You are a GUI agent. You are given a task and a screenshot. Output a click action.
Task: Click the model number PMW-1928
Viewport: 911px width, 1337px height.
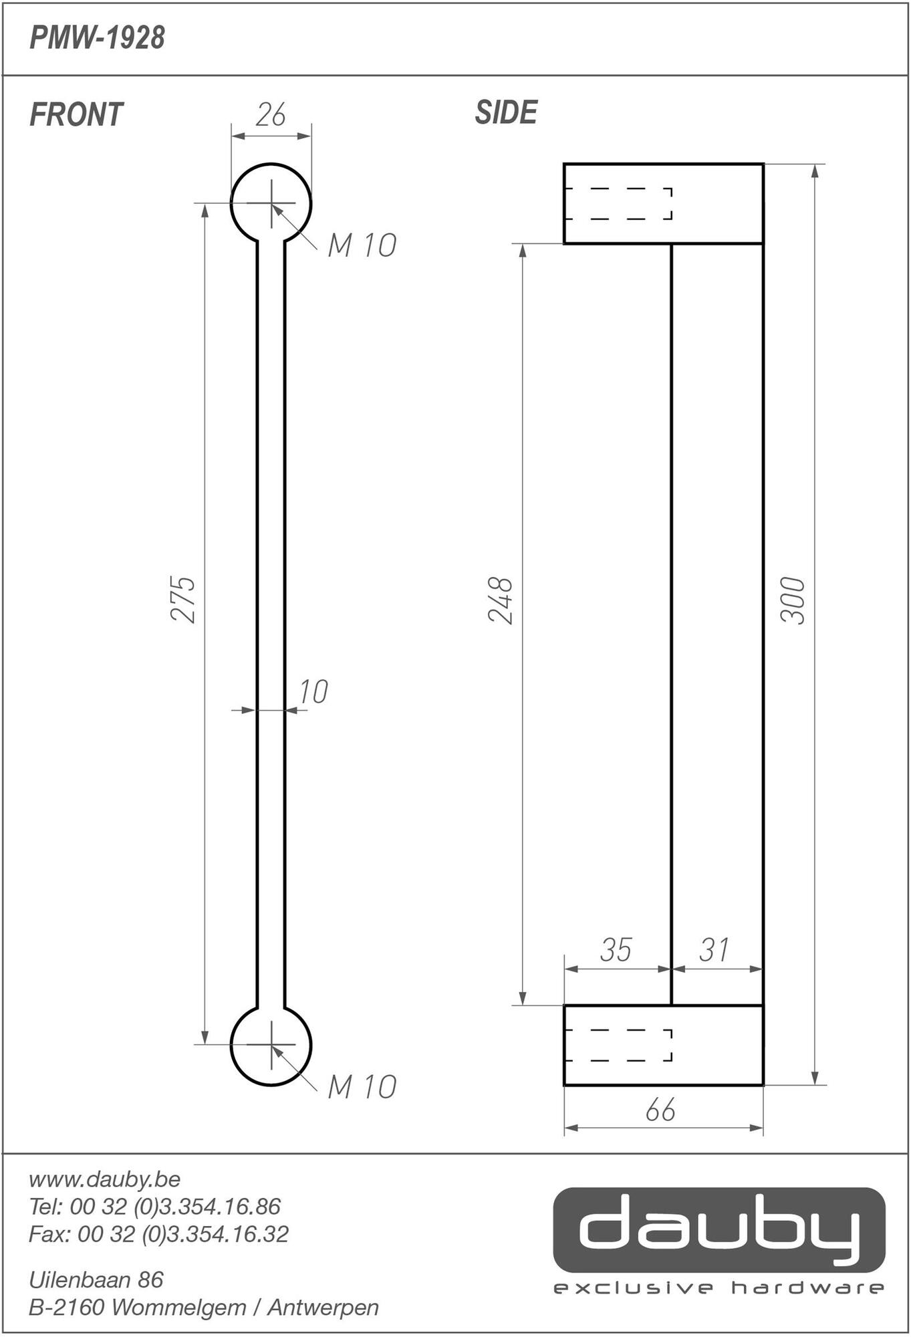(97, 39)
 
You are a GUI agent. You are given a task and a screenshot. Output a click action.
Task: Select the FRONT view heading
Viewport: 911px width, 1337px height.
(76, 115)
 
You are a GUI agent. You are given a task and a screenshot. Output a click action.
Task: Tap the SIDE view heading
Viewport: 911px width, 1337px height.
(506, 113)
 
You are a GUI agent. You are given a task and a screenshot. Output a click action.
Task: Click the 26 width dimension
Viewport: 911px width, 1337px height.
(271, 115)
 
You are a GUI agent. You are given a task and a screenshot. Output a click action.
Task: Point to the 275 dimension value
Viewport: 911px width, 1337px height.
(183, 600)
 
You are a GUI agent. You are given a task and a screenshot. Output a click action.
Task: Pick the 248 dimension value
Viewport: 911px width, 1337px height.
(501, 600)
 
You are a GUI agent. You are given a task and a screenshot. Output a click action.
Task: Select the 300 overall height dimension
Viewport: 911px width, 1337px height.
(793, 600)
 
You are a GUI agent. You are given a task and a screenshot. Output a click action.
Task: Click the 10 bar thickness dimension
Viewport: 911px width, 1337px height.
(313, 693)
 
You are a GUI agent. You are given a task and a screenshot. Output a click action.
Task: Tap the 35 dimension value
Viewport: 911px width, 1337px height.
(616, 951)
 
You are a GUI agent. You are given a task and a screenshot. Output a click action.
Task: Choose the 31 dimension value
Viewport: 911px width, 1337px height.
(714, 951)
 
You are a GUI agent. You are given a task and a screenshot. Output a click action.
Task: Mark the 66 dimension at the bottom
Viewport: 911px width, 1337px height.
(660, 1110)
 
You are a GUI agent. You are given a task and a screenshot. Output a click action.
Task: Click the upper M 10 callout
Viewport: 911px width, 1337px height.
(362, 246)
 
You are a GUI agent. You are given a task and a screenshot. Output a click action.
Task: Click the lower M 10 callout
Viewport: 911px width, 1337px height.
(362, 1088)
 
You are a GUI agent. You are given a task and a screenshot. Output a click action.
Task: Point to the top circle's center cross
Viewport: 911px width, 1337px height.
(271, 203)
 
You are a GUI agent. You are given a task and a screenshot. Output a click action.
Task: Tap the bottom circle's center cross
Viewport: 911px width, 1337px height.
(271, 1044)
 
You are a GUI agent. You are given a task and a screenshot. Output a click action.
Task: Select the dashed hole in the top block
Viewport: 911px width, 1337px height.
(618, 204)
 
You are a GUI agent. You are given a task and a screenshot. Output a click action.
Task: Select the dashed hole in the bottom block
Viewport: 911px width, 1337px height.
(618, 1045)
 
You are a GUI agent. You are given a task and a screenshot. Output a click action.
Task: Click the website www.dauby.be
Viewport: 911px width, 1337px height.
(105, 1179)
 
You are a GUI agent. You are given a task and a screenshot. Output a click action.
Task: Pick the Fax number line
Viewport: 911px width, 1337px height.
(158, 1233)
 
